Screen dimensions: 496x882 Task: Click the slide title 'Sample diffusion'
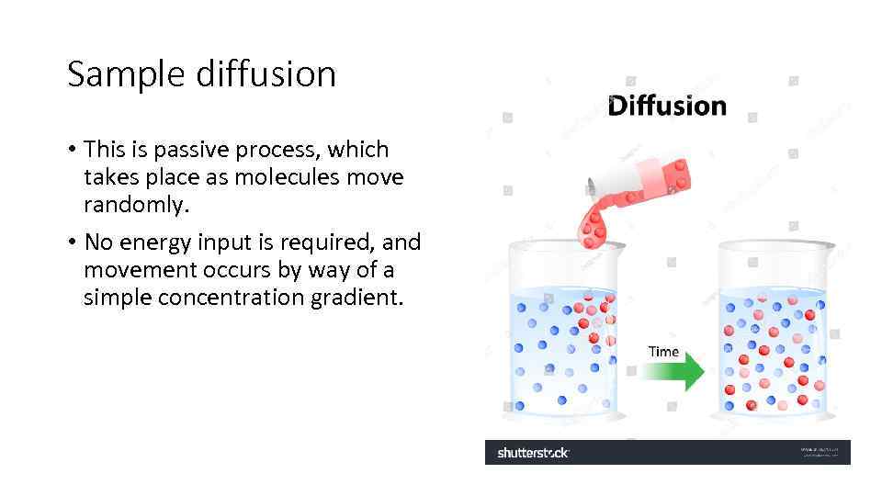click(x=201, y=73)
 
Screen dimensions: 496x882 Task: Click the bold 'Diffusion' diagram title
click(x=667, y=106)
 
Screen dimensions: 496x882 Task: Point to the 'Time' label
click(x=663, y=351)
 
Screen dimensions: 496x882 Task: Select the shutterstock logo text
click(x=533, y=453)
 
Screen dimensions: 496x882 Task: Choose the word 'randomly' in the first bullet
click(x=134, y=205)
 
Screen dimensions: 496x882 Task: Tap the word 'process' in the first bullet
click(x=275, y=149)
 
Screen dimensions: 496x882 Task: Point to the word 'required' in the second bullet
click(x=332, y=242)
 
